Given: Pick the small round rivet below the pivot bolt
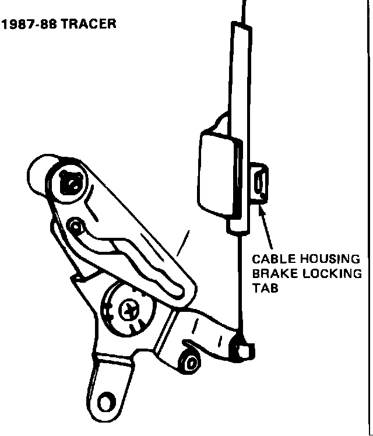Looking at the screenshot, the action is (x=74, y=224).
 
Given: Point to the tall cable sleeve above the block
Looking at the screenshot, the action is (x=239, y=76).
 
